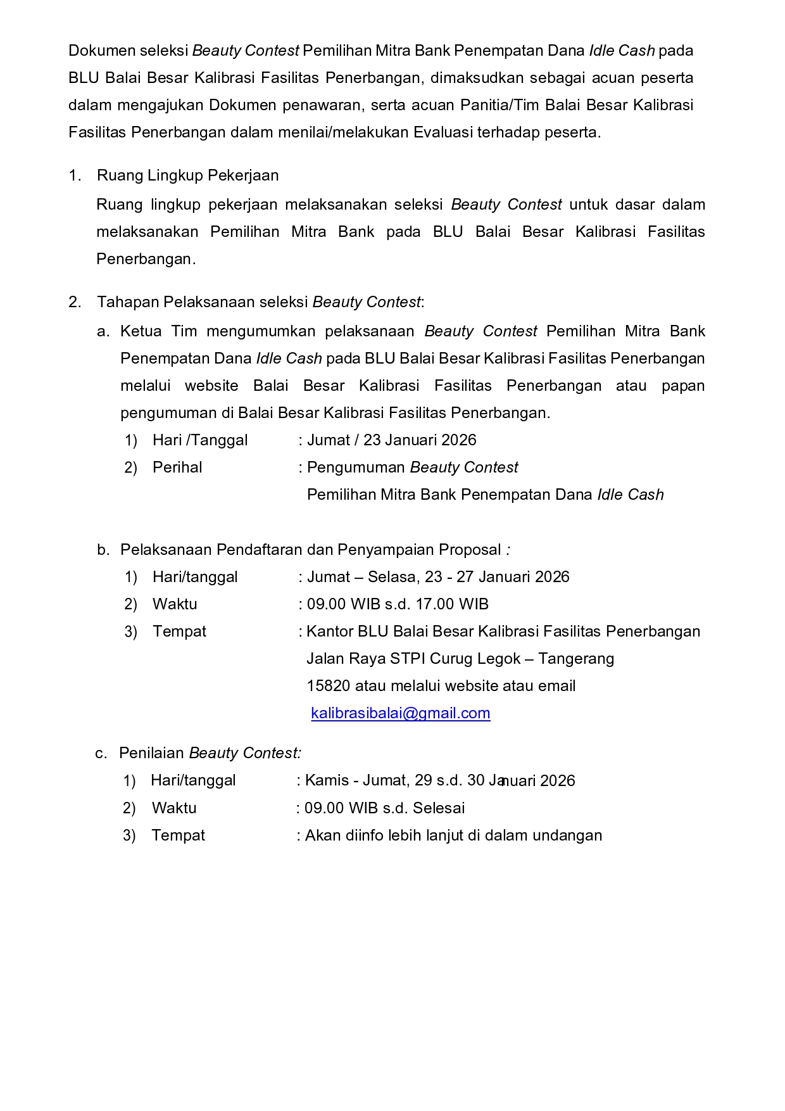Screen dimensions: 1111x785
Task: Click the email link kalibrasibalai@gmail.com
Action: click(400, 713)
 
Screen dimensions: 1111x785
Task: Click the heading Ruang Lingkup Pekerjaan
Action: click(187, 175)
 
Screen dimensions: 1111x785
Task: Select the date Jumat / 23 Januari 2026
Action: click(391, 440)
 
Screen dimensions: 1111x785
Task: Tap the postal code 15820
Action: click(328, 686)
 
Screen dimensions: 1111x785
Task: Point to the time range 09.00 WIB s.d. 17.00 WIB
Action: click(398, 604)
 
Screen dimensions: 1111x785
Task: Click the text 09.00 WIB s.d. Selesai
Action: click(384, 808)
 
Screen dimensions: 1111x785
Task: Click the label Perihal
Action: click(177, 467)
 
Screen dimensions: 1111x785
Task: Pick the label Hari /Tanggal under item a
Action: click(200, 440)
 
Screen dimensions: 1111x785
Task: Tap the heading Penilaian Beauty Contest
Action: click(210, 753)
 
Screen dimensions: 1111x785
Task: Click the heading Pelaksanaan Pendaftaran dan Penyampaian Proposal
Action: click(310, 550)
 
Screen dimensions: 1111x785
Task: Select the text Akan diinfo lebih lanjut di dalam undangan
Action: click(453, 835)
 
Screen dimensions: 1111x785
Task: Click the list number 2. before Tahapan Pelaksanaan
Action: click(75, 302)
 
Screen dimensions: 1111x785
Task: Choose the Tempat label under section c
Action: click(178, 835)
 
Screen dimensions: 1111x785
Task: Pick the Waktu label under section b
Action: click(175, 604)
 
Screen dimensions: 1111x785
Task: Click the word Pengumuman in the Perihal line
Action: click(356, 467)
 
